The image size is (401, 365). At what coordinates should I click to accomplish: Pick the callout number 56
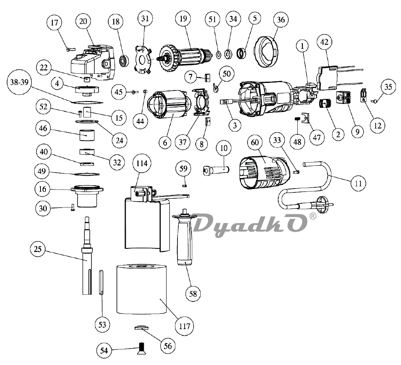168,346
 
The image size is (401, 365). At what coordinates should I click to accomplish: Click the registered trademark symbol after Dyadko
312,216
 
